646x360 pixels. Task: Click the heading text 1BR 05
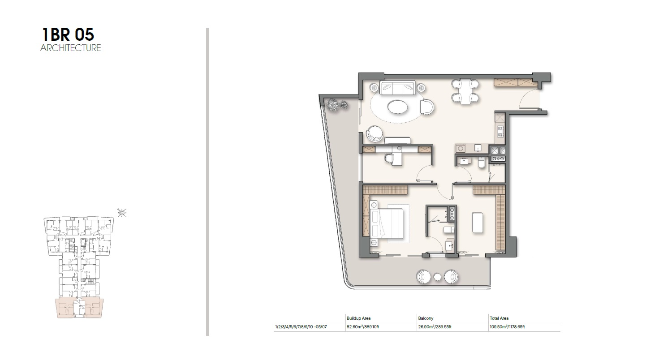[68, 34]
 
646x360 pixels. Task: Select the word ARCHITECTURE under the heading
[71, 48]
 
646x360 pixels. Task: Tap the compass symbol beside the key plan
[121, 212]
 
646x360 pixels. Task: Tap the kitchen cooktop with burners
[500, 131]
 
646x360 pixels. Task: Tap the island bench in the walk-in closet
[478, 223]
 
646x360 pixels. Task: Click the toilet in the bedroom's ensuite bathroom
[448, 230]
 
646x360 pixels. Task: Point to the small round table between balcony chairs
[438, 277]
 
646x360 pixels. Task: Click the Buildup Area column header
[358, 318]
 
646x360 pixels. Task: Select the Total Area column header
[499, 318]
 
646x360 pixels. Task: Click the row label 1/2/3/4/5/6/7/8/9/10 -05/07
[301, 327]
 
